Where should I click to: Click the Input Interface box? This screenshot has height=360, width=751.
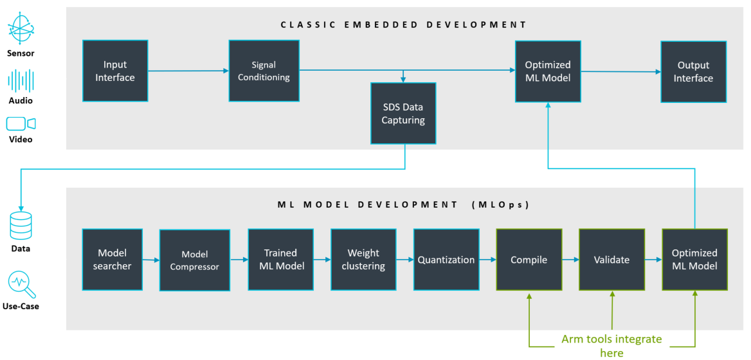click(115, 71)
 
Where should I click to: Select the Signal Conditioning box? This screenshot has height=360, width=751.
click(264, 71)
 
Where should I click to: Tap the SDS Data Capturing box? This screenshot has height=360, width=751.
click(403, 113)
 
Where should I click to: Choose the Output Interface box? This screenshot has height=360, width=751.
click(694, 71)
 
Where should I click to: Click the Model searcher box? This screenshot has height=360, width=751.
click(114, 259)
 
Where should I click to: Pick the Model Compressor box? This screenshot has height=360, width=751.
click(195, 260)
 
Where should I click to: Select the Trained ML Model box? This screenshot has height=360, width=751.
click(280, 259)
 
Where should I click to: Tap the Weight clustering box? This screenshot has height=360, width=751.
click(363, 259)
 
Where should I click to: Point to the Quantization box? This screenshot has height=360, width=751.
click(446, 260)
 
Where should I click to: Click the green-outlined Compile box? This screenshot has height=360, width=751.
click(529, 260)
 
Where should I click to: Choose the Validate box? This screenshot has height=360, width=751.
click(611, 260)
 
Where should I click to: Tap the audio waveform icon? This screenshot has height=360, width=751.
click(21, 81)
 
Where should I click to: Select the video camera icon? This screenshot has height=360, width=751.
click(21, 123)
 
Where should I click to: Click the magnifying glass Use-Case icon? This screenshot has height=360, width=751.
click(21, 283)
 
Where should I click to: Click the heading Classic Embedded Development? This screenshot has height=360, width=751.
click(403, 25)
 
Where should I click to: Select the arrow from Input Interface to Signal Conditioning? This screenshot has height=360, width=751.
click(188, 71)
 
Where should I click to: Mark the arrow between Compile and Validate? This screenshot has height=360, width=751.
click(570, 260)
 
